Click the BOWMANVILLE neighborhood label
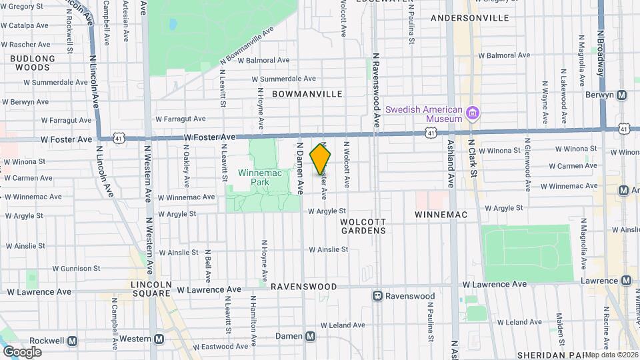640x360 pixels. coord(307,94)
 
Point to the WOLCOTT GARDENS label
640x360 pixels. coord(363,225)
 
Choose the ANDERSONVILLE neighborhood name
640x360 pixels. coord(470,17)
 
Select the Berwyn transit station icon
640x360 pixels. coord(621,95)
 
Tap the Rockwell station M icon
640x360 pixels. coord(72,340)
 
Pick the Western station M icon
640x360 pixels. coord(159,339)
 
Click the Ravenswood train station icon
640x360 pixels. coord(377,296)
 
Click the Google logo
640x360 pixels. coord(22,352)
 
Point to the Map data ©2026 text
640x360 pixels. coord(611,355)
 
